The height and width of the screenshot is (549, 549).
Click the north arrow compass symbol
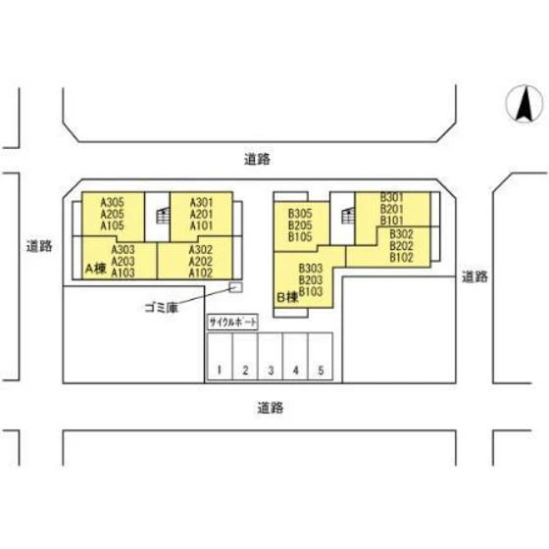(x=524, y=104)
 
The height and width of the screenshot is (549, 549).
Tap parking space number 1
(x=220, y=356)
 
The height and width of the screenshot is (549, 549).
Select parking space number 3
(x=271, y=356)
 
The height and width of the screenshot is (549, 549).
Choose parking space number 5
(x=321, y=356)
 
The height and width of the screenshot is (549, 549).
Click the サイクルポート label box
(x=233, y=322)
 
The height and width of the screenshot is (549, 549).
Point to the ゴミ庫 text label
(x=162, y=308)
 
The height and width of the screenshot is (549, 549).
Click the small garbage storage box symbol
(x=235, y=287)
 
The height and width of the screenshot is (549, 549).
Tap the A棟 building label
(x=96, y=269)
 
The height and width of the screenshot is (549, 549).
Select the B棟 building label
(x=287, y=297)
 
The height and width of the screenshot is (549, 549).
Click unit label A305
(x=112, y=202)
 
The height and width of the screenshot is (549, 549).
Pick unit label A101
(x=201, y=225)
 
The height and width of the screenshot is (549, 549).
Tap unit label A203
(x=123, y=261)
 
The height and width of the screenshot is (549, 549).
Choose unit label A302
(x=201, y=250)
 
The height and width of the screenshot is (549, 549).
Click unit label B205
(x=300, y=225)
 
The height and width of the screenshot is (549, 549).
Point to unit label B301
(x=392, y=197)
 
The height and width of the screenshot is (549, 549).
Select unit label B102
(x=402, y=258)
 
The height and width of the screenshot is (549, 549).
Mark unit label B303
(x=311, y=269)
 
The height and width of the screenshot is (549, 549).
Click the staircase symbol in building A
(x=163, y=216)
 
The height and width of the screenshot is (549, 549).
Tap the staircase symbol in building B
(x=348, y=216)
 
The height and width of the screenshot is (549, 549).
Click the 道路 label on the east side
(x=474, y=276)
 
